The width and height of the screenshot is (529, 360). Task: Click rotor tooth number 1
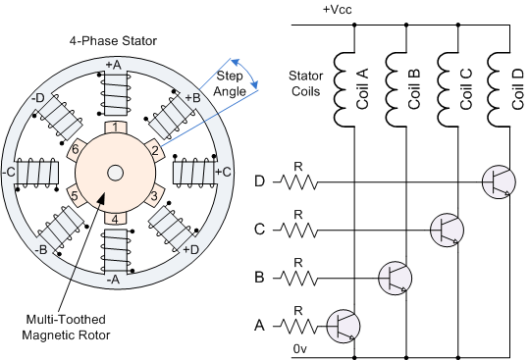click(116, 128)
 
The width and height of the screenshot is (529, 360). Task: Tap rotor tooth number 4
click(115, 219)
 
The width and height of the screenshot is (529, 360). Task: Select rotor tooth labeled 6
click(75, 149)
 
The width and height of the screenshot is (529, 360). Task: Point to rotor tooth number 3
click(154, 195)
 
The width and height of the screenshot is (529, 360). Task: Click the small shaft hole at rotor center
click(115, 173)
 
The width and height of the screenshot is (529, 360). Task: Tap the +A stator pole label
click(114, 65)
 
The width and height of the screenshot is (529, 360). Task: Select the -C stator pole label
click(9, 173)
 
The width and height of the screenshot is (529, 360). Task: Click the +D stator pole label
click(191, 250)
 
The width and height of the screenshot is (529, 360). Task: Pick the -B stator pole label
click(41, 250)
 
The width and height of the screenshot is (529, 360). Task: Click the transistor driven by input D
click(499, 182)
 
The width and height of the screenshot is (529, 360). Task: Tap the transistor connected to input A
click(344, 327)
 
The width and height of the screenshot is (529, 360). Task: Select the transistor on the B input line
click(396, 278)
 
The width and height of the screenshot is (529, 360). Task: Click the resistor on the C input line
click(299, 231)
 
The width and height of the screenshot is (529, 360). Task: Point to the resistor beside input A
click(299, 327)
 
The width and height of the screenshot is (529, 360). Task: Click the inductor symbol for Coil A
click(344, 89)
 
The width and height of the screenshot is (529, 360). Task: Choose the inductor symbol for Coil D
click(499, 89)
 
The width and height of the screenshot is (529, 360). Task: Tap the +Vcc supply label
click(337, 10)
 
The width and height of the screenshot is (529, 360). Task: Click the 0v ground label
click(299, 349)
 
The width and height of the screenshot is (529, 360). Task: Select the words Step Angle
click(230, 83)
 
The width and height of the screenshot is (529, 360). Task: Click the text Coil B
click(413, 88)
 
